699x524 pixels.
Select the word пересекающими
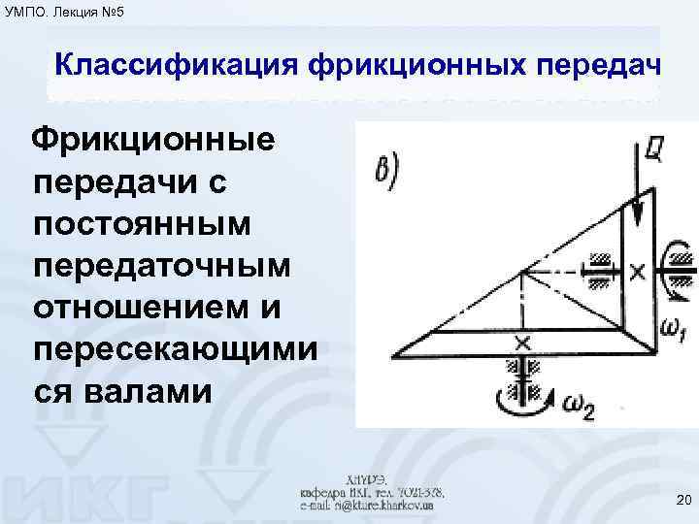pos(174,350)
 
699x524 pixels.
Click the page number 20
pos(682,501)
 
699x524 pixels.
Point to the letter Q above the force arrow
pos(652,147)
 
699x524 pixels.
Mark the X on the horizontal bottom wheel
pos(522,343)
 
